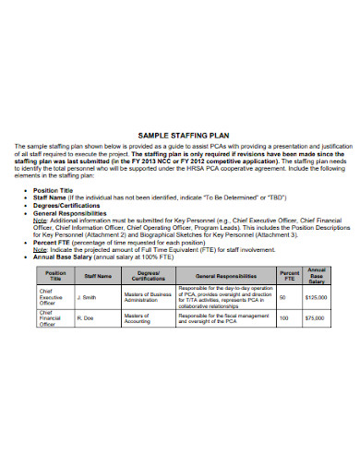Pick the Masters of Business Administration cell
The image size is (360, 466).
[151, 297]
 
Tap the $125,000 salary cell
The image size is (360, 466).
[318, 297]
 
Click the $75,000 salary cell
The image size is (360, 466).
[318, 317]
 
